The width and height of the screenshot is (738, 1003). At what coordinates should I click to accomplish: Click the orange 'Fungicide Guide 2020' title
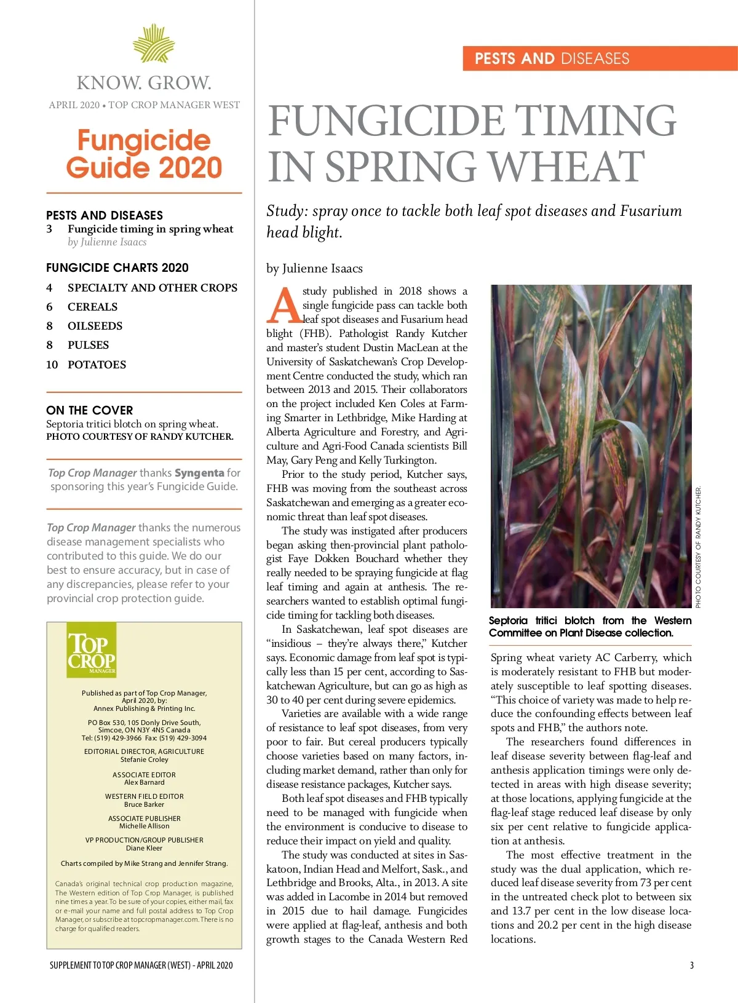[x=144, y=154]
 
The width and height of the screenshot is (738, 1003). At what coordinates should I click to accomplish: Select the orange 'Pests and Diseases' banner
[x=600, y=58]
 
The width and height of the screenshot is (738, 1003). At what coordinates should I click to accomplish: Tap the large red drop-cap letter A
[x=284, y=306]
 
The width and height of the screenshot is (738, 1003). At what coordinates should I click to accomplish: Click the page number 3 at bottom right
[x=691, y=965]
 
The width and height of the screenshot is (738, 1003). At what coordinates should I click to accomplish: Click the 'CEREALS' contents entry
[x=92, y=307]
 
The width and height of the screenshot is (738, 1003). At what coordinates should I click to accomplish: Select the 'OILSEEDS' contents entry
[x=95, y=326]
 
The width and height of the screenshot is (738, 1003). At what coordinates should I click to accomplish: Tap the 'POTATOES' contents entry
[x=97, y=365]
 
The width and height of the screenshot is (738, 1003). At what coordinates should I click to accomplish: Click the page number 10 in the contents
[x=52, y=365]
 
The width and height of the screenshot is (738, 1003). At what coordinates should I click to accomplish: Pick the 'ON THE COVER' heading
[x=89, y=410]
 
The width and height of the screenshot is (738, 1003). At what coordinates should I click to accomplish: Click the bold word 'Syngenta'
[x=199, y=473]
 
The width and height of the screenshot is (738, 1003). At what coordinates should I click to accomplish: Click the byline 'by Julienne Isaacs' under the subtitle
[x=314, y=268]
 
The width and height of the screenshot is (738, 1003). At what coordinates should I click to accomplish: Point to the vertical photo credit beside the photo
[x=698, y=547]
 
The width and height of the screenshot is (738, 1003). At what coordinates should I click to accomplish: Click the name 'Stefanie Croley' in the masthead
[x=144, y=759]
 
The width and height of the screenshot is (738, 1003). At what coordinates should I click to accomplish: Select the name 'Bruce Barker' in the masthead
[x=144, y=804]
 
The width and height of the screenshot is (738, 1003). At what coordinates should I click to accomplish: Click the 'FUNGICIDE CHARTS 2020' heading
[x=117, y=268]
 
